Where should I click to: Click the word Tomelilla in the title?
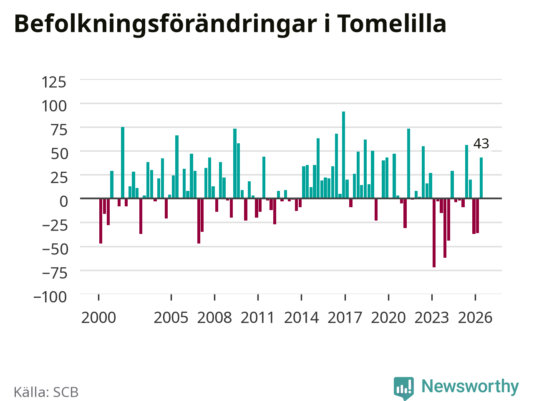coord(392,23)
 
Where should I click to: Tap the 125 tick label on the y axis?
coord(54,82)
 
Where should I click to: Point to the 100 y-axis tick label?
coord(54,106)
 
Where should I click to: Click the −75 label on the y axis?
coord(55,273)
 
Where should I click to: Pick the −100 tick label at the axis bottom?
coord(50,297)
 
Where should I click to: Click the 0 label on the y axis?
coord(64,201)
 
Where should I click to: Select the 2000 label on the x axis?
coord(98,317)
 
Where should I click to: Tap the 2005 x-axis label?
coord(171,317)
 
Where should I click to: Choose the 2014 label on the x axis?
coord(302,317)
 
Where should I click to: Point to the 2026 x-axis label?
coord(475,317)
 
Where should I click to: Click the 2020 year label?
coord(388,317)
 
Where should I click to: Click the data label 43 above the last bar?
coord(481,144)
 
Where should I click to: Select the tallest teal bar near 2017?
coord(343,155)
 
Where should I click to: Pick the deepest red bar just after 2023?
coord(434,233)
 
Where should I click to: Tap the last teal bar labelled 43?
coord(481,178)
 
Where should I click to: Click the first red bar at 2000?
coord(101,221)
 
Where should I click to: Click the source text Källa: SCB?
coord(46,392)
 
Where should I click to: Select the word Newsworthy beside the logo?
coord(470,386)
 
